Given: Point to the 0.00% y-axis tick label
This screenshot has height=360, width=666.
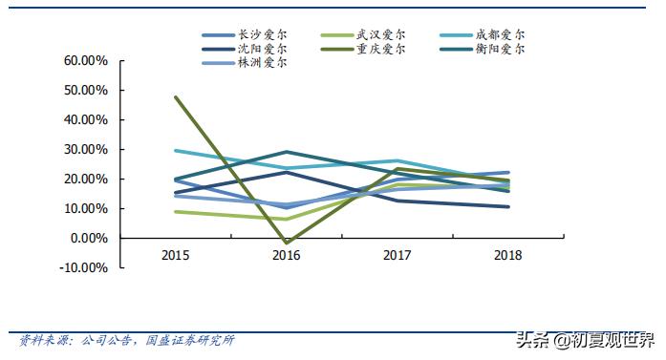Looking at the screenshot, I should [89, 238].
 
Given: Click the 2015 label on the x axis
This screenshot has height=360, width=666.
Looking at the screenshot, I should [175, 256].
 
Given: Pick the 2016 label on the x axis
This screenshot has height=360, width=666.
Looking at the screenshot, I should [286, 256].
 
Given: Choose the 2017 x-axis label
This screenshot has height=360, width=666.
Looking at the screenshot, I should [397, 256].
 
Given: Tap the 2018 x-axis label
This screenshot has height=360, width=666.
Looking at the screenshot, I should [507, 256].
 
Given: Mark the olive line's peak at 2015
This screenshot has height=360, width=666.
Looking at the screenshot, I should [176, 97].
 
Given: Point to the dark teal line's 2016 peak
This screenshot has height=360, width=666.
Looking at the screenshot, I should [287, 152].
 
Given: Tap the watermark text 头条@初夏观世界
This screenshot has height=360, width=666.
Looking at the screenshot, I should [583, 339].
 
